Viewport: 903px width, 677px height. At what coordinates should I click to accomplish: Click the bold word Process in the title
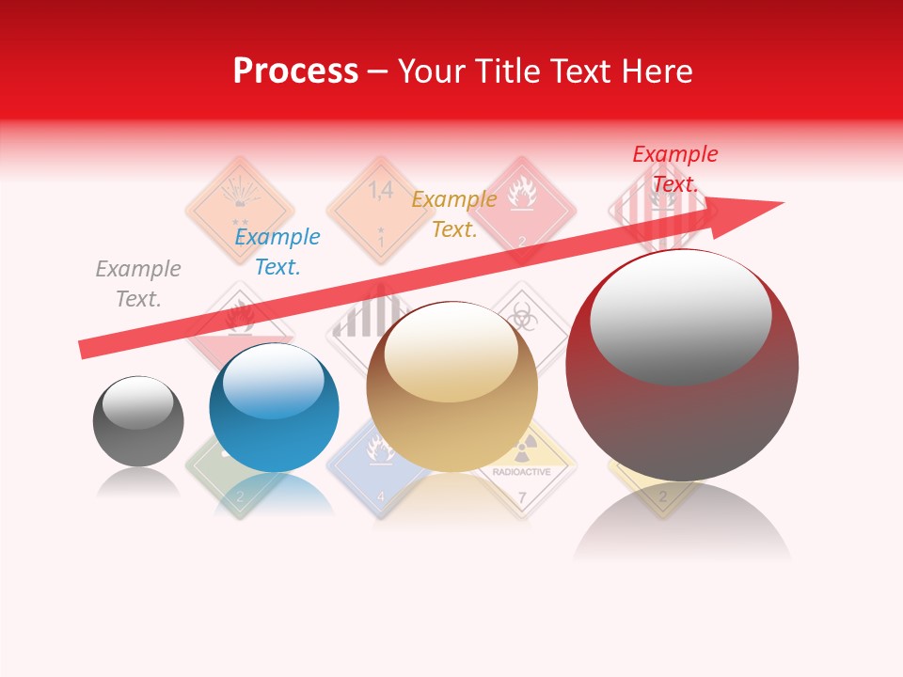click(x=295, y=71)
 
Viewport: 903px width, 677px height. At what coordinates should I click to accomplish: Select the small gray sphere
click(x=138, y=421)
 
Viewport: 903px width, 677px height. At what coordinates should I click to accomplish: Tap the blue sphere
click(x=274, y=407)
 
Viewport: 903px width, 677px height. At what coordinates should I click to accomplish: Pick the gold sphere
click(x=451, y=387)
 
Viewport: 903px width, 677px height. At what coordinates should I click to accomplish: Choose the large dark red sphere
click(x=682, y=366)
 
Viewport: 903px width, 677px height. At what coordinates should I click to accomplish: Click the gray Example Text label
click(x=138, y=284)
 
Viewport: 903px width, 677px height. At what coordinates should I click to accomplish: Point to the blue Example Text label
click(x=277, y=252)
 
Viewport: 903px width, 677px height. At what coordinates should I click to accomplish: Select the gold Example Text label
click(x=454, y=213)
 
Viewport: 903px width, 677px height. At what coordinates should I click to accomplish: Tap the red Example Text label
click(x=674, y=168)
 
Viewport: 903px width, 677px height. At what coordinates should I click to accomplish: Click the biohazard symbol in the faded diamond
click(x=520, y=317)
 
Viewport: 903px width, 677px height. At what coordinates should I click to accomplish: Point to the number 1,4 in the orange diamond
click(x=380, y=190)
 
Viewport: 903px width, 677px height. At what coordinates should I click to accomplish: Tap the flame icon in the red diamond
click(x=519, y=195)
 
